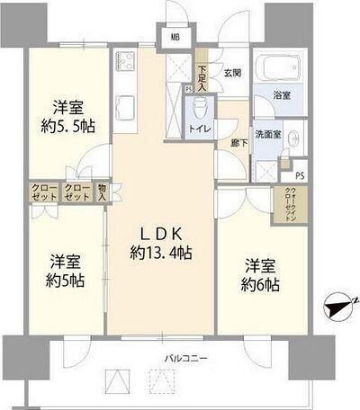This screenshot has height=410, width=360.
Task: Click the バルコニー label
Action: click(186, 359)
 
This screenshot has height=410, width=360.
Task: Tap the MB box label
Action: click(175, 38)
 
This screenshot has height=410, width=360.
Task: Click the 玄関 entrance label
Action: click(232, 74)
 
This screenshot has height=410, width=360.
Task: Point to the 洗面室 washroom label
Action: click(266, 135)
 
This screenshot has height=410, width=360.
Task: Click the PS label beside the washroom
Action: click(299, 175)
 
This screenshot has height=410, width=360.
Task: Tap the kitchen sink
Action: click(125, 105)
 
